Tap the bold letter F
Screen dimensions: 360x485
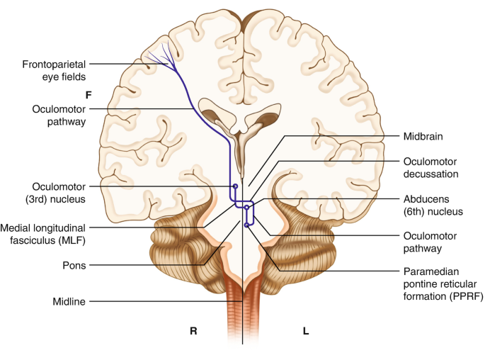[x=89, y=94]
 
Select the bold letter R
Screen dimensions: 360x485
[x=193, y=330]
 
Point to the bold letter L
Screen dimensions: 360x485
[x=305, y=330]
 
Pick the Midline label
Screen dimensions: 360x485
[x=69, y=302]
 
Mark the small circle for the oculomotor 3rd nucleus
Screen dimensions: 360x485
[x=236, y=186]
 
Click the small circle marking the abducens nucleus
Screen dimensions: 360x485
[x=247, y=208]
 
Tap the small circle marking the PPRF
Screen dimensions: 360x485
[x=246, y=225]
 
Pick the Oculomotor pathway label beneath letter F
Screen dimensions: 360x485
[x=59, y=116]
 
